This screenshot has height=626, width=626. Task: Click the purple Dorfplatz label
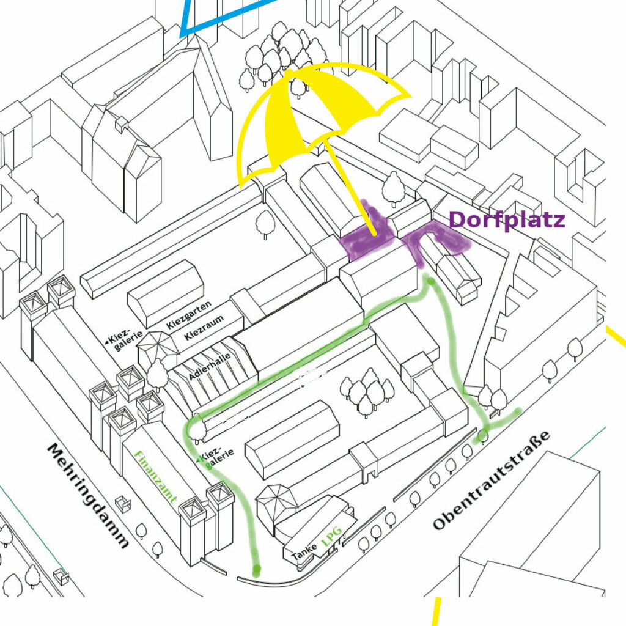point(507,220)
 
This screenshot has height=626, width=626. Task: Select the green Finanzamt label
point(155,477)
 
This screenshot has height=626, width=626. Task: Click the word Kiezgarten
point(188,315)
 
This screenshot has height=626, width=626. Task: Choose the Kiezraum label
point(204,328)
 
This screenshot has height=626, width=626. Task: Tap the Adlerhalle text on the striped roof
point(210,366)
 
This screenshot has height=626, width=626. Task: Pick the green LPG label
point(332,536)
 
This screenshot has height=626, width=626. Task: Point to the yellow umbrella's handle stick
point(350,188)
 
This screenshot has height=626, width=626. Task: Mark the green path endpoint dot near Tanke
point(256,569)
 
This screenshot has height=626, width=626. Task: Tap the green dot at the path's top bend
point(431,281)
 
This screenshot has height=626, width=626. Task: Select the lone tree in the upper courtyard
point(265,224)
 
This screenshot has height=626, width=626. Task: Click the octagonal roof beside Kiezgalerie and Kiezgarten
point(158,344)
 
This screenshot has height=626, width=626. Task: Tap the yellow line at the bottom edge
point(436,611)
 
